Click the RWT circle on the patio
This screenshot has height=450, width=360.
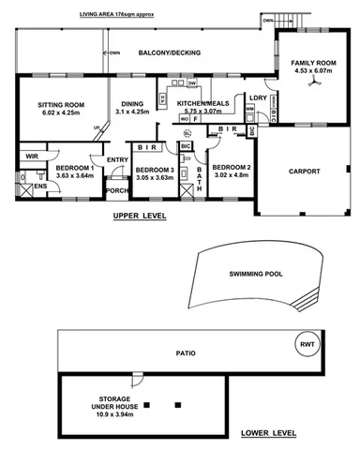coord(307,343)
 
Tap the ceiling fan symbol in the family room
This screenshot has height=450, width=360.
coord(309,82)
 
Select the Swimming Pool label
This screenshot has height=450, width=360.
coord(257,275)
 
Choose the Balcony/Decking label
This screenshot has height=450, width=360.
coord(165,53)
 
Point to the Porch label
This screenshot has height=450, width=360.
coord(116,191)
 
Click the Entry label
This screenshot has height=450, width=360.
coord(117,159)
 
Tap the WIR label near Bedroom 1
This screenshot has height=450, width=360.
coord(31,156)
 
